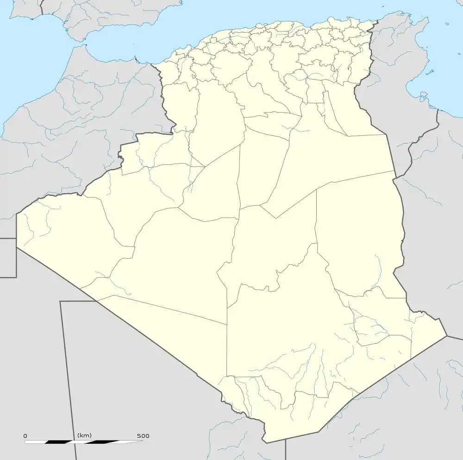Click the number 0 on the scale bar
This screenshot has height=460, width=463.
25,436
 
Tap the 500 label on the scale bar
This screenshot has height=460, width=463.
143,436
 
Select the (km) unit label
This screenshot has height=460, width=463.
84,435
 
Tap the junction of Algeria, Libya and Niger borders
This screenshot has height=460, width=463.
447,336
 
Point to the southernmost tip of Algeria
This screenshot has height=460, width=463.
265,441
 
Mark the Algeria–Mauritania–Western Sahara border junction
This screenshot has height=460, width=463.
17,247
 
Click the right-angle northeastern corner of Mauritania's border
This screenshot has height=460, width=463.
60,302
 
